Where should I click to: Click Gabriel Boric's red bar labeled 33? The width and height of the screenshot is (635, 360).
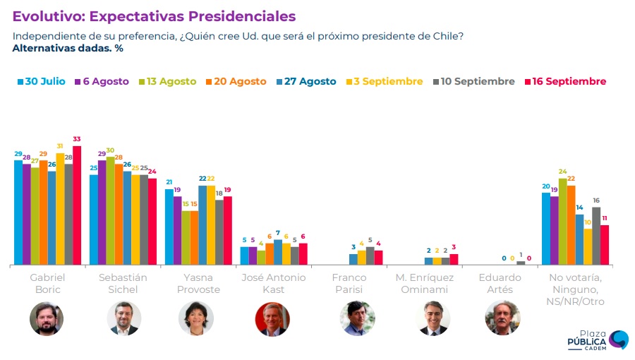pyautogui.click(x=77, y=205)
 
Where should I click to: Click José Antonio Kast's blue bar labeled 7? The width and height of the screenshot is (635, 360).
pyautogui.click(x=278, y=252)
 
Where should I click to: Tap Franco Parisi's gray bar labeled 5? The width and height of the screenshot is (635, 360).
pyautogui.click(x=370, y=256)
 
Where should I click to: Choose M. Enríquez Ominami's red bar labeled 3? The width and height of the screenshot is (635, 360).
pyautogui.click(x=454, y=259)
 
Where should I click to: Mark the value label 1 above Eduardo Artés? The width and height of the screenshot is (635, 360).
pyautogui.click(x=521, y=255)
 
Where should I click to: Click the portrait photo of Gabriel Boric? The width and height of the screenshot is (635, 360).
pyautogui.click(x=47, y=318)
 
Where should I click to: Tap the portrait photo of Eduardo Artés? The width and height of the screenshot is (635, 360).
pyautogui.click(x=502, y=318)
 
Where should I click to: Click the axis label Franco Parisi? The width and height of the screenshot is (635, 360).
pyautogui.click(x=349, y=283)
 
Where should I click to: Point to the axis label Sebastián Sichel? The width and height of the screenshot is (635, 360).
pyautogui.click(x=123, y=283)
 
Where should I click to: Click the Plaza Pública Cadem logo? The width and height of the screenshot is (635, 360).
pyautogui.click(x=597, y=340)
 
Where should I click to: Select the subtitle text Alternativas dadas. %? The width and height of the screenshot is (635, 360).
pyautogui.click(x=68, y=49)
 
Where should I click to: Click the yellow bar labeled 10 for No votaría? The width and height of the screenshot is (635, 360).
pyautogui.click(x=588, y=246)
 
